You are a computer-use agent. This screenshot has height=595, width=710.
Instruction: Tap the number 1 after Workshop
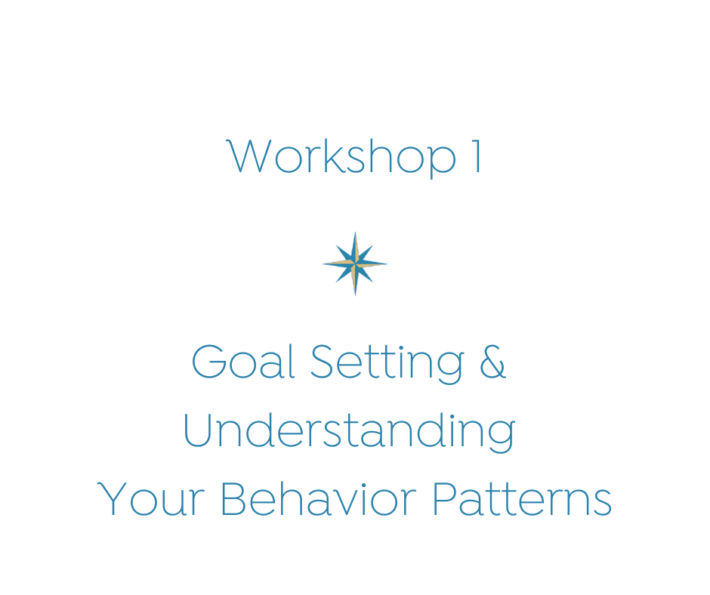pyautogui.click(x=477, y=156)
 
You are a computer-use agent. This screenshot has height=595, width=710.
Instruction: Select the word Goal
pyautogui.click(x=244, y=361)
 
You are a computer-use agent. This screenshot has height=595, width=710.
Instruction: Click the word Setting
pyautogui.click(x=387, y=364)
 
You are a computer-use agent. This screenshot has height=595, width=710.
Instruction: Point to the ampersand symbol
pyautogui.click(x=492, y=361)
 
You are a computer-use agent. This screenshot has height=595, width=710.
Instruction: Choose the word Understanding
pyautogui.click(x=349, y=432)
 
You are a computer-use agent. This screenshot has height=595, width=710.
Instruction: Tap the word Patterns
pyautogui.click(x=522, y=498)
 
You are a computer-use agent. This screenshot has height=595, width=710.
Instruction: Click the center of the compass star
pyautogui.click(x=355, y=264)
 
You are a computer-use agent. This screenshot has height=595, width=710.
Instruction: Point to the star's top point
pyautogui.click(x=355, y=232)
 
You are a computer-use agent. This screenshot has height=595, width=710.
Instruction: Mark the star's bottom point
pyautogui.click(x=355, y=295)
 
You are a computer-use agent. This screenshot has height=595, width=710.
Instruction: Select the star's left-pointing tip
pyautogui.click(x=323, y=264)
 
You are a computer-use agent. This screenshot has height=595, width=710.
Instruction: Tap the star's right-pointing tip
pyautogui.click(x=387, y=264)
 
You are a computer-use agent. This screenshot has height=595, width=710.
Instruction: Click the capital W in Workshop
pyautogui.click(x=249, y=156)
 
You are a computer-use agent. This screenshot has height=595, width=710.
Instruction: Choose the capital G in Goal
pyautogui.click(x=208, y=361)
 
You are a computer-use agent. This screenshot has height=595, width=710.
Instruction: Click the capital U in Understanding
pyautogui.click(x=197, y=430)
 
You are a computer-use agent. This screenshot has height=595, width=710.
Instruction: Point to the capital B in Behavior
pyautogui.click(x=233, y=498)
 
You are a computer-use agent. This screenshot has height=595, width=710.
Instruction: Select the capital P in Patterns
pyautogui.click(x=445, y=498)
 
